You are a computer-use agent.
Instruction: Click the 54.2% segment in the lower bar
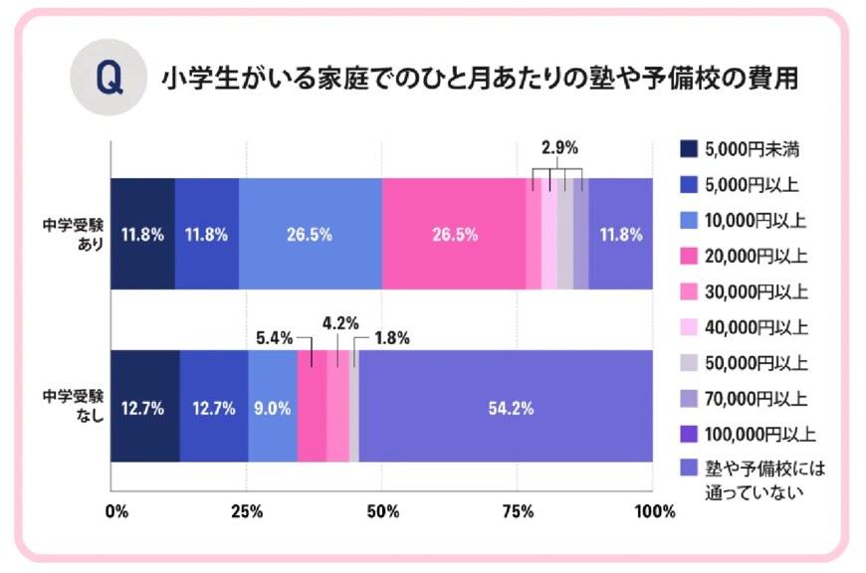point(506,406)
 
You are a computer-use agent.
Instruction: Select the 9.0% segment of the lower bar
point(273,406)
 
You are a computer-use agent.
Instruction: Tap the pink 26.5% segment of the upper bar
point(454,235)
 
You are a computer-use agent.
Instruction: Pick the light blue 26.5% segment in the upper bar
point(311,235)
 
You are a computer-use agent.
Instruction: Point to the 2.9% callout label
point(559,147)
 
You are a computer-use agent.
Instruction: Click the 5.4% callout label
point(274,337)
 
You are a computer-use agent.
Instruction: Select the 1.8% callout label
point(390,337)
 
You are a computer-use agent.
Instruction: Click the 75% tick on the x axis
point(516,512)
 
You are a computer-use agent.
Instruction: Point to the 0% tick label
point(116,512)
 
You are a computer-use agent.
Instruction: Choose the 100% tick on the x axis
point(654,512)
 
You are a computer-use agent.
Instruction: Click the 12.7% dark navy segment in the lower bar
point(145,406)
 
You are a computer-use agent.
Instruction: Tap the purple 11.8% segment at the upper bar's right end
point(620,235)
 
